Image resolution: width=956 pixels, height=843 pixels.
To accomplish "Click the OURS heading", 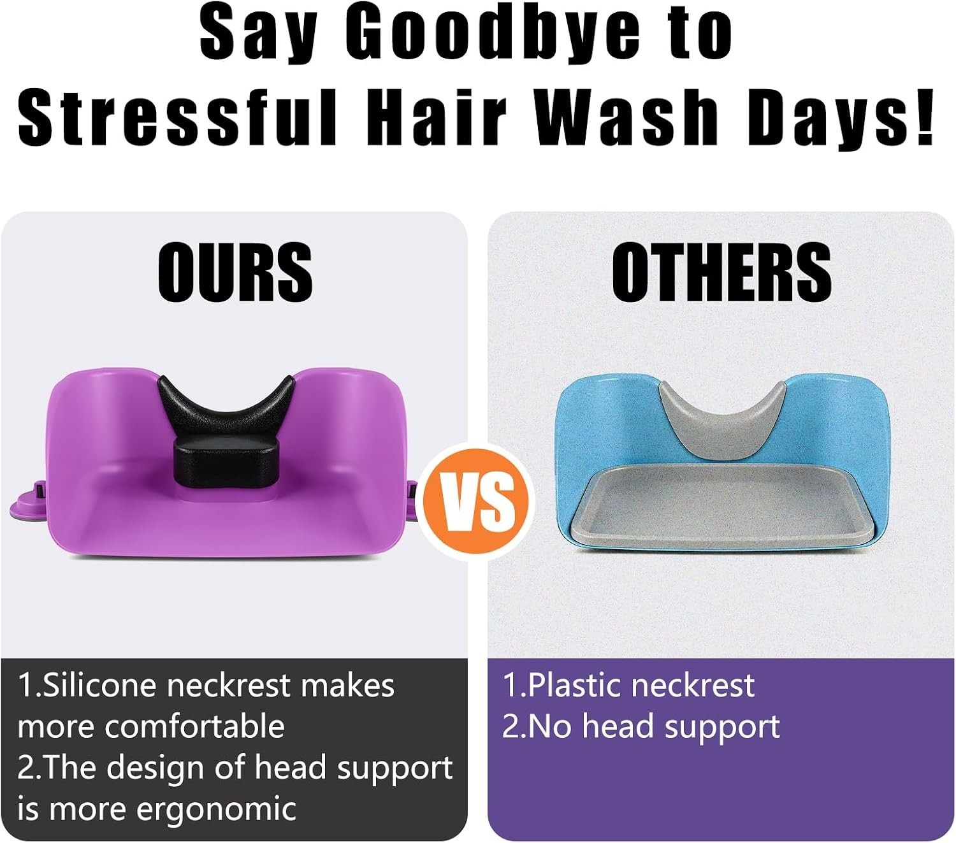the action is click(x=235, y=272).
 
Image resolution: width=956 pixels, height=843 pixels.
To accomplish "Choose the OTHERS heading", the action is click(x=721, y=272).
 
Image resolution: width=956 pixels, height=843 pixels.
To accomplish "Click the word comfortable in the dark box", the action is click(x=195, y=727).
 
